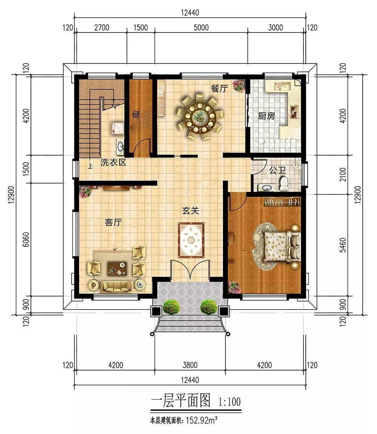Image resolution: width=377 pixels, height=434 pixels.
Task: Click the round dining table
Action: pyautogui.click(x=200, y=117)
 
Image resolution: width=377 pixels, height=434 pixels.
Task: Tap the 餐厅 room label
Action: pyautogui.click(x=219, y=88)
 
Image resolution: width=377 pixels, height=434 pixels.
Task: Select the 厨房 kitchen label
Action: pyautogui.click(x=267, y=116)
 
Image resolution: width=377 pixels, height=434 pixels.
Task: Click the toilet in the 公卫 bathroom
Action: pyautogui.click(x=284, y=184)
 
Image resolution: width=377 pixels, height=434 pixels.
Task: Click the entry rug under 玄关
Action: pyautogui.click(x=191, y=240)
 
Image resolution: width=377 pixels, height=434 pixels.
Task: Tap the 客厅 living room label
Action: pyautogui.click(x=113, y=222)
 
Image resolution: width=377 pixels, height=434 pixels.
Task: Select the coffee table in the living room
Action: pyautogui.click(x=117, y=268)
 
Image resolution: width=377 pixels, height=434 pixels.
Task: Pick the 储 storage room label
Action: pyautogui.click(x=136, y=114)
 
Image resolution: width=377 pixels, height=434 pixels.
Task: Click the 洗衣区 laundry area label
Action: pyautogui.click(x=113, y=162)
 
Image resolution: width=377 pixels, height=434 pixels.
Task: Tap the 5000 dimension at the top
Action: pyautogui.click(x=201, y=28)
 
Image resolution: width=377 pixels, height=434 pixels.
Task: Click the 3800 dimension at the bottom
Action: pyautogui.click(x=190, y=365)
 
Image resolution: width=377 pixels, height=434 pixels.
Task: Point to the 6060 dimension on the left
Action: pyautogui.click(x=26, y=239)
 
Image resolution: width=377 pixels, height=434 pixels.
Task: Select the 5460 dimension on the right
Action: pyautogui.click(x=342, y=245)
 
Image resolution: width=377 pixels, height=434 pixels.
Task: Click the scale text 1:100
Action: pyautogui.click(x=230, y=402)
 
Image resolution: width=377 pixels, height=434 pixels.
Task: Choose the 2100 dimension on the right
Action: pyautogui.click(x=342, y=175)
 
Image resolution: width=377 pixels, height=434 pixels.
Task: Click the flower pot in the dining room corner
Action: pyautogui.click(x=238, y=86)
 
